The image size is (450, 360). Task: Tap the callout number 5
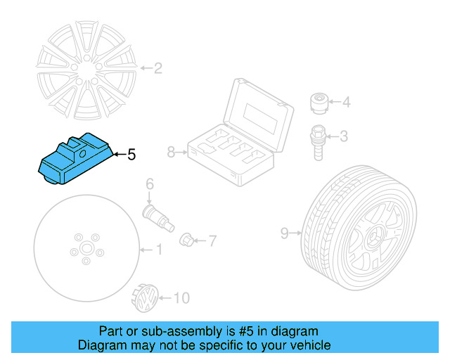131,155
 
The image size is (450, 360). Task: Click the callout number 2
157,68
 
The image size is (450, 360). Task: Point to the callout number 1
158,249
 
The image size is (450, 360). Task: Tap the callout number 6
149,185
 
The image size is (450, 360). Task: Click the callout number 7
212,241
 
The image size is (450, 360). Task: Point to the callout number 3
344,136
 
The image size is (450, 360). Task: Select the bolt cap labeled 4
319,103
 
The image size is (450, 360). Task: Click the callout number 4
345,103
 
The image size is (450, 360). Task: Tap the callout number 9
285,233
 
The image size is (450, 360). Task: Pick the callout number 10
181,299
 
